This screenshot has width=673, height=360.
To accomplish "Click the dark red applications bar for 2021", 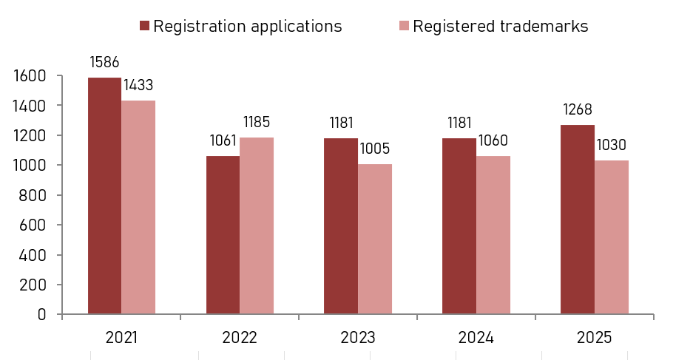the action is (x=105, y=196).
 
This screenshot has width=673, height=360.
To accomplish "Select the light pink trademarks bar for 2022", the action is (x=257, y=225).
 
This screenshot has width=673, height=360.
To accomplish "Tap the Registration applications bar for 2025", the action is (x=578, y=220).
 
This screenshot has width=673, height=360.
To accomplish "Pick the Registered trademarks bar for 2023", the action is (x=375, y=239).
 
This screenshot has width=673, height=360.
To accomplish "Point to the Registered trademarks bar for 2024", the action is (x=493, y=235).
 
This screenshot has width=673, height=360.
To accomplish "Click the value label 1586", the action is (x=104, y=62).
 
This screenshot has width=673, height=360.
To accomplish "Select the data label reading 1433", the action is (x=138, y=85).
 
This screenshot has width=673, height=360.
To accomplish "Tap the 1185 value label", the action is (x=257, y=122).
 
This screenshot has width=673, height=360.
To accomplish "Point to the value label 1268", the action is (x=578, y=109).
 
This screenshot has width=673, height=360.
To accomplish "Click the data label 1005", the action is (x=375, y=149).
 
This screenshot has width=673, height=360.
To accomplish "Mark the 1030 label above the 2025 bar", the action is (x=611, y=145).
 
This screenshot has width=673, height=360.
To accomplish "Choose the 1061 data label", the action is (x=223, y=140).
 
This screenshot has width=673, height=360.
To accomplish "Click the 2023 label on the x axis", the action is (x=358, y=338).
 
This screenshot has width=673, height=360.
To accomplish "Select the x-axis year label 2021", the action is (x=121, y=338).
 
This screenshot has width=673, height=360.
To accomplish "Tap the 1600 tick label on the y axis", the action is (x=30, y=76).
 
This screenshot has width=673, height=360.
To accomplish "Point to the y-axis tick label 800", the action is (x=33, y=195).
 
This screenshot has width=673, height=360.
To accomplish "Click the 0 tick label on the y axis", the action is (x=41, y=314).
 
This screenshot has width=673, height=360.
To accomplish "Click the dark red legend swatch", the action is (x=144, y=26).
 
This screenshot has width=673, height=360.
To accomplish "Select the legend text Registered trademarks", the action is (x=501, y=26).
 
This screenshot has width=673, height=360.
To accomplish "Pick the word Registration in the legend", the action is (x=200, y=26).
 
